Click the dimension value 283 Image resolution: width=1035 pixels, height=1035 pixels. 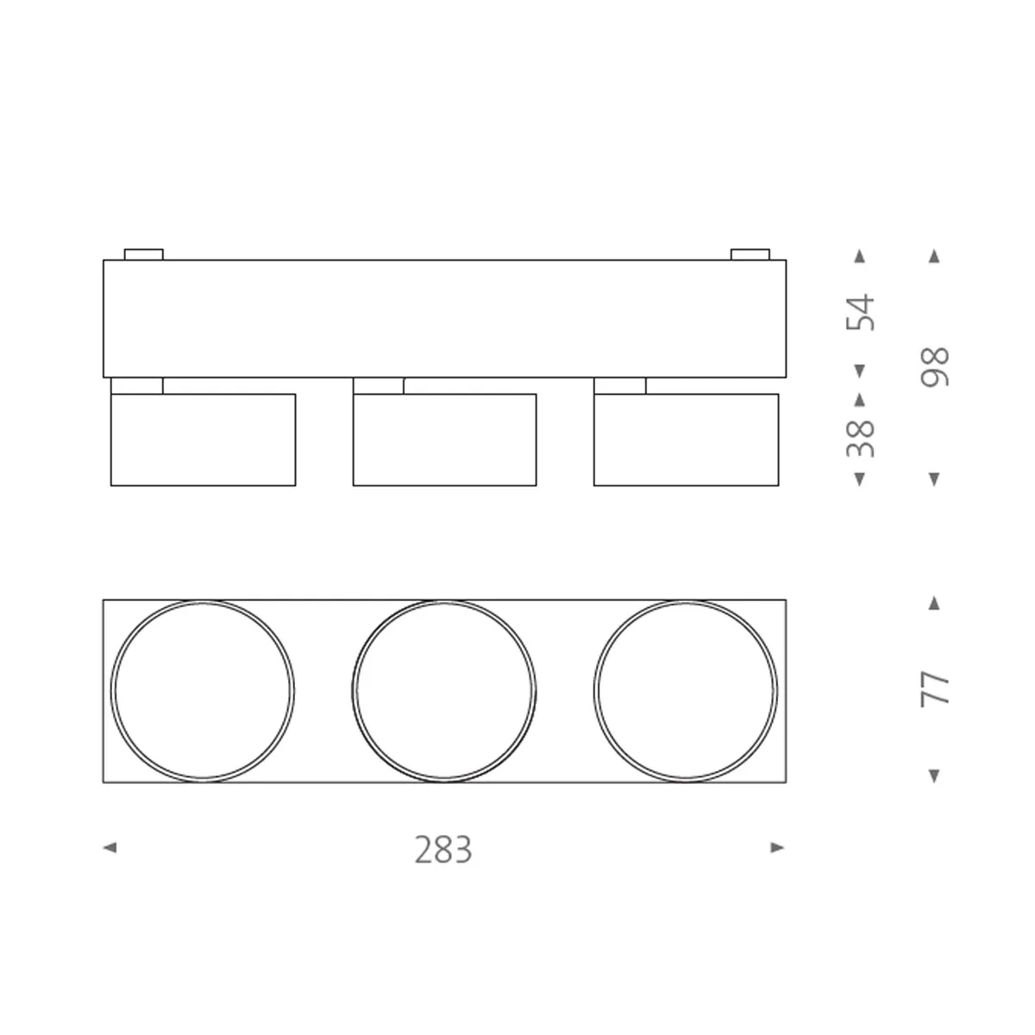pos(443,850)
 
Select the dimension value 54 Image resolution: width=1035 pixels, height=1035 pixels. pos(861,312)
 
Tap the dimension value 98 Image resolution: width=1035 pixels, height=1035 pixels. pos(935,367)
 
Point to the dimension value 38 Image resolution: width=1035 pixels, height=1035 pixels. pos(861,438)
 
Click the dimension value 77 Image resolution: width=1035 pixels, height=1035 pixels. pos(935,689)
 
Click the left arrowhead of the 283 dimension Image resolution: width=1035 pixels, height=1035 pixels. pos(110,848)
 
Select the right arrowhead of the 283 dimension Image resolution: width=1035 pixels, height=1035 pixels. pos(777,848)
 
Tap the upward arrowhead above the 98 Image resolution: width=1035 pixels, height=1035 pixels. pos(934,256)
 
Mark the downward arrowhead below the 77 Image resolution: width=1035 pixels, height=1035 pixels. pos(934,776)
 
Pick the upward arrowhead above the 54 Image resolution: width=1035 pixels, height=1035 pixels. pos(859,256)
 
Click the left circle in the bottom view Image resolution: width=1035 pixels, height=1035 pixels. pos(203,691)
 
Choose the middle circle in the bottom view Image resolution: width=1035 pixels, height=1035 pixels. pos(444,691)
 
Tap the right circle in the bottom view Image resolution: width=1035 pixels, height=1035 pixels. pos(686,691)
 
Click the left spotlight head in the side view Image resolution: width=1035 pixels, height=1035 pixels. pos(204,440)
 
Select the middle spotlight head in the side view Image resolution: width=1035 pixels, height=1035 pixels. pos(444,440)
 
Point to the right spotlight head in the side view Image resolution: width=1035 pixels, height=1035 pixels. pos(687,440)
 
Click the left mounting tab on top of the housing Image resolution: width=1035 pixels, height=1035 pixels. pos(144,254)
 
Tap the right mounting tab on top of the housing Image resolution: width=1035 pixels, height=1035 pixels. pos(750,254)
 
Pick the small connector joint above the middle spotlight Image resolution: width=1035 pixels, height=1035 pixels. pos(379,386)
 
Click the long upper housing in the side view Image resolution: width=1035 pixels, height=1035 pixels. pos(444,318)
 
